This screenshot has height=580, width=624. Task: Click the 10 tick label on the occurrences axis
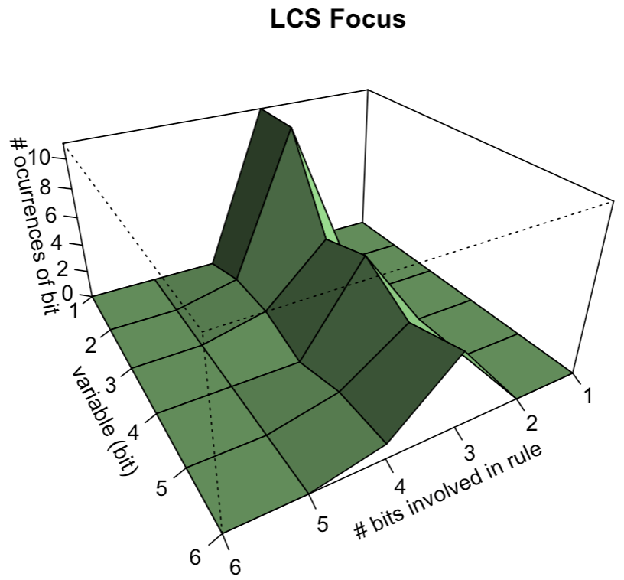point(39,158)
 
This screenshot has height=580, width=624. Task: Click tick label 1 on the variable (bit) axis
point(75,311)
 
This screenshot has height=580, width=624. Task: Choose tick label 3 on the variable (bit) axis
point(109,384)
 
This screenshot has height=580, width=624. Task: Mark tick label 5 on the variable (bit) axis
point(161,488)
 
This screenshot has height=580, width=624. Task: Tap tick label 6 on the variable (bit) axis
point(196,556)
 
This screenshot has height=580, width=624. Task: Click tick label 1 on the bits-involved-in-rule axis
point(589,396)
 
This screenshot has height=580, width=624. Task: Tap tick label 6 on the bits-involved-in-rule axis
point(235,567)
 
